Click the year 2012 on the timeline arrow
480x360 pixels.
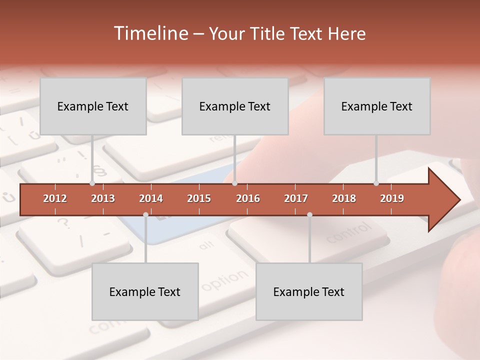(55, 198)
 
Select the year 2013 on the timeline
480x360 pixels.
(103, 198)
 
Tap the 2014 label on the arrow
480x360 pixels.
(151, 198)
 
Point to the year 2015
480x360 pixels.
(199, 198)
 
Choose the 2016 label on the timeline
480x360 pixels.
(248, 198)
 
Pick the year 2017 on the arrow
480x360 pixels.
(296, 198)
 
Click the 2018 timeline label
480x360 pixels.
(344, 198)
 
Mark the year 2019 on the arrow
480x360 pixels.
(392, 198)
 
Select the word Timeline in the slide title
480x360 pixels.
(150, 33)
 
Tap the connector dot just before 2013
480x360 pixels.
(92, 183)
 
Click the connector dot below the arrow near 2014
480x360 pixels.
(145, 214)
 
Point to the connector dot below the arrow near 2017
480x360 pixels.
(309, 214)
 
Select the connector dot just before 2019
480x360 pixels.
(376, 183)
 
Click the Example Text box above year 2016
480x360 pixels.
(234, 106)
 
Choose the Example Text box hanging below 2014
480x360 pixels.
(145, 291)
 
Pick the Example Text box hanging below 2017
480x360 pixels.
(309, 291)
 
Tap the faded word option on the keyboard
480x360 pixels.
(224, 280)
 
